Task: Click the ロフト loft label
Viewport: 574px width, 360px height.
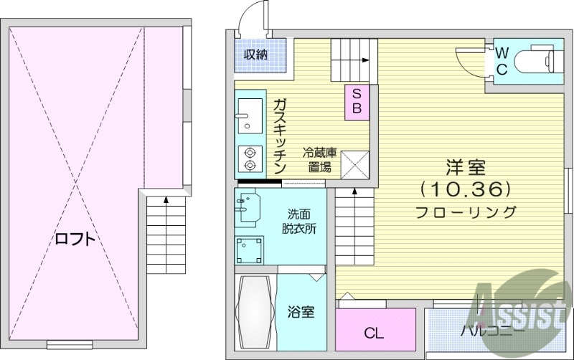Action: pos(75,239)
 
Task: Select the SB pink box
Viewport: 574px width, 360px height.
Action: pos(358,101)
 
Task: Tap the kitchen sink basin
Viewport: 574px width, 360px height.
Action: pos(248,113)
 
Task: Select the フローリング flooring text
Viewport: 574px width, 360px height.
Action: pos(466,212)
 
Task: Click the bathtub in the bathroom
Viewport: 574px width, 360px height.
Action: pos(255,311)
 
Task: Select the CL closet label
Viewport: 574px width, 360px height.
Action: pos(374,333)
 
